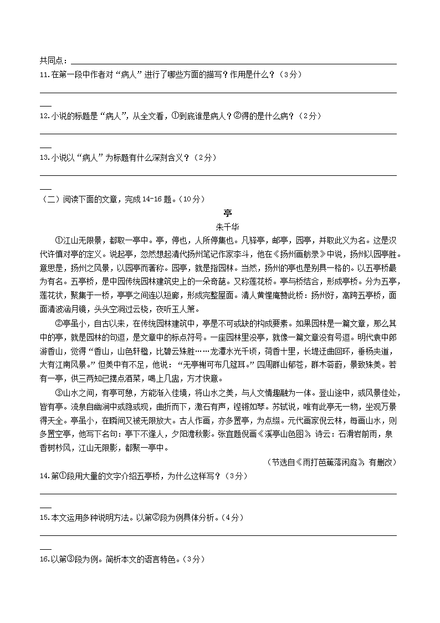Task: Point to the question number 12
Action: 44,116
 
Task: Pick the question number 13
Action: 44,158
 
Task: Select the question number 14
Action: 44,476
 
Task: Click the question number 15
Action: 44,518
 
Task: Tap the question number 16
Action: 44,559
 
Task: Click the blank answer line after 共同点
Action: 233,63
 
